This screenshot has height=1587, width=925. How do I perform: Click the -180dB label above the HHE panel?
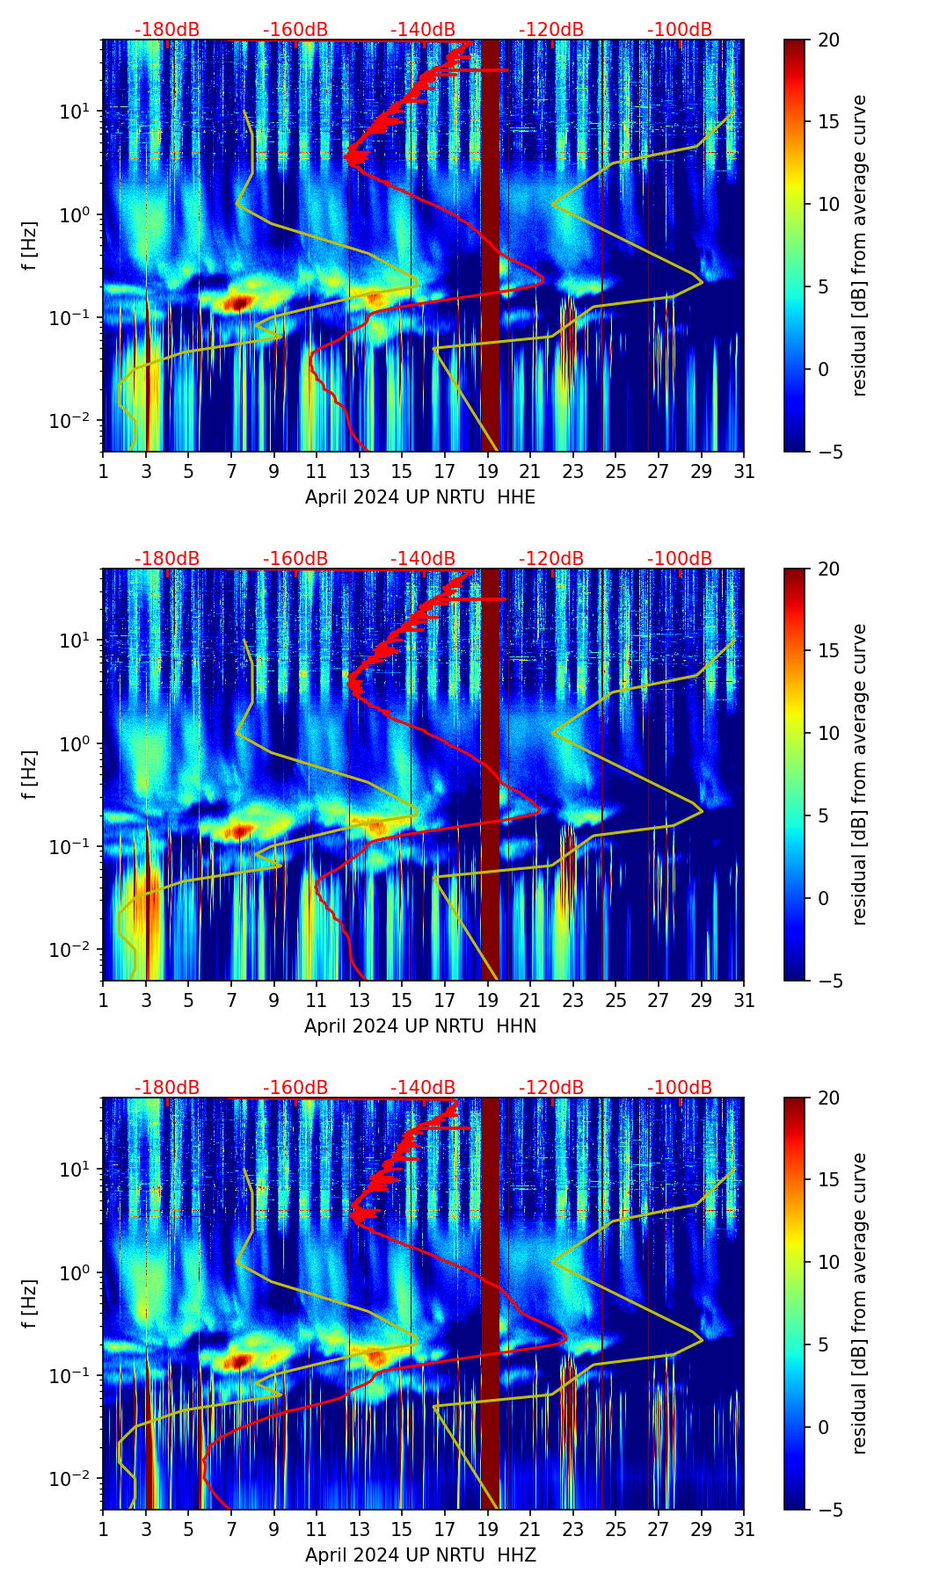point(167,30)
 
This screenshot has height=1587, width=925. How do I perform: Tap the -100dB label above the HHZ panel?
point(680,1088)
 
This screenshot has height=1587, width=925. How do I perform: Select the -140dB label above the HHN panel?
point(423,559)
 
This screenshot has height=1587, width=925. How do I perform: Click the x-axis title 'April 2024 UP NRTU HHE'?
point(420,497)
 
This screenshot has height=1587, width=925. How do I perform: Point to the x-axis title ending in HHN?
point(420,1026)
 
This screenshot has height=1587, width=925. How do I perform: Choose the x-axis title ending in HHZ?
point(420,1555)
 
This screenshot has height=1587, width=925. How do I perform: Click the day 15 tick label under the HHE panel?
point(402,472)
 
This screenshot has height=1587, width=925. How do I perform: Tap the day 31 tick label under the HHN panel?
point(744,1001)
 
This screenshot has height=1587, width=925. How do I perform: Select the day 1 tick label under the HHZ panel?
point(104,1530)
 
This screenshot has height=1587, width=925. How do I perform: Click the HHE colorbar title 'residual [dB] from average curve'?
point(860,245)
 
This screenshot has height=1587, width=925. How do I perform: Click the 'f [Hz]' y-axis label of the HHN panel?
point(30,774)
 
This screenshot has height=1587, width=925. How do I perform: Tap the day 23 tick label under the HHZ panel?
point(573,1530)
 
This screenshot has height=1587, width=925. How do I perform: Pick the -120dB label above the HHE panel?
point(551,30)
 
